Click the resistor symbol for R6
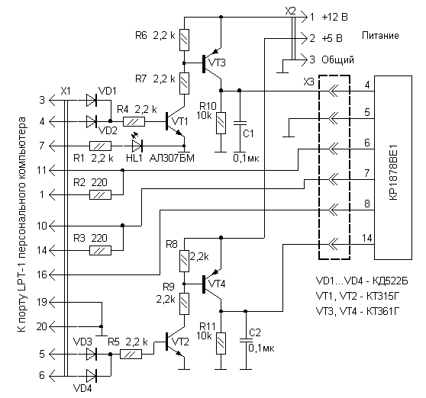click(184, 40)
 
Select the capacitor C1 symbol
click(240, 124)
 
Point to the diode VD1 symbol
click(92, 100)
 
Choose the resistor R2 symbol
click(100, 194)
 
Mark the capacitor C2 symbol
click(246, 341)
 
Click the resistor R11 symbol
click(221, 343)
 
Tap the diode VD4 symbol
click(92, 376)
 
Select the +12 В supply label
click(334, 18)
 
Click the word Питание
click(380, 36)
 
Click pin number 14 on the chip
click(366, 238)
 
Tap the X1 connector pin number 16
click(42, 274)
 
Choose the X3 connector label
click(308, 82)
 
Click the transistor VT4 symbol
click(212, 284)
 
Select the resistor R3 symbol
click(100, 250)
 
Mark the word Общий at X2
click(337, 59)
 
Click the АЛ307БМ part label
click(172, 158)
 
